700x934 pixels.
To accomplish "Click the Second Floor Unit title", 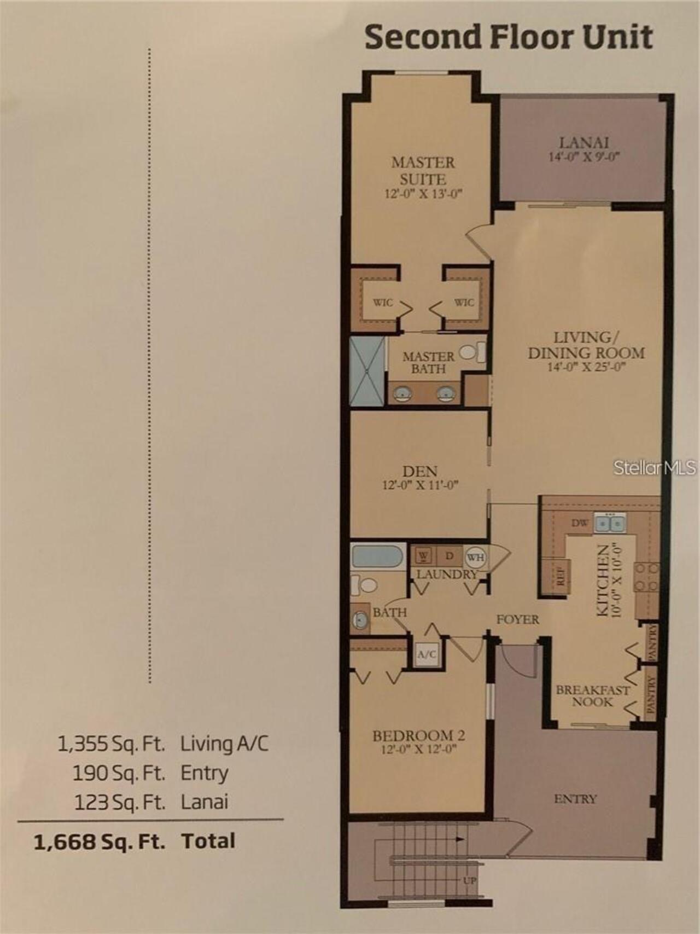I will click(x=509, y=37).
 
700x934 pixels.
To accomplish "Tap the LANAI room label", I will click(x=584, y=143).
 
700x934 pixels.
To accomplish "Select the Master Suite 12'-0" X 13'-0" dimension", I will click(x=423, y=194).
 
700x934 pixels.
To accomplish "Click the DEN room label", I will click(x=419, y=471).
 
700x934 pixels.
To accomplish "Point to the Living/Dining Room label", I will click(x=586, y=345).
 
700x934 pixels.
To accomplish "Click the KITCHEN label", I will click(x=603, y=581).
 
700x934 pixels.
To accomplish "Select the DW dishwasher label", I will click(x=579, y=523).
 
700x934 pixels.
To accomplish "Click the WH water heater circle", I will click(x=475, y=557).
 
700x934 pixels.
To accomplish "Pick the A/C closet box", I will click(x=427, y=654).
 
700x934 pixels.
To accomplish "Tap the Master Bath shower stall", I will click(x=367, y=371).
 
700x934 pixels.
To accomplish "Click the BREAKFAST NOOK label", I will click(x=593, y=695).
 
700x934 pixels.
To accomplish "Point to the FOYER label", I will click(x=517, y=619).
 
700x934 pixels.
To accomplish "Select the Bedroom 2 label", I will click(x=419, y=736).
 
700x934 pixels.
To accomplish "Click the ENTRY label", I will click(x=575, y=799).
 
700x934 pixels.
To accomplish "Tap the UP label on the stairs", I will click(x=470, y=881).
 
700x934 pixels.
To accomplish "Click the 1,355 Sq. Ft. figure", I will click(x=112, y=744).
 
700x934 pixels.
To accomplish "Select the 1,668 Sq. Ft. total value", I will click(x=100, y=841).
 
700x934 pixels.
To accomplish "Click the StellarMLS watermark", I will click(x=655, y=467).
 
